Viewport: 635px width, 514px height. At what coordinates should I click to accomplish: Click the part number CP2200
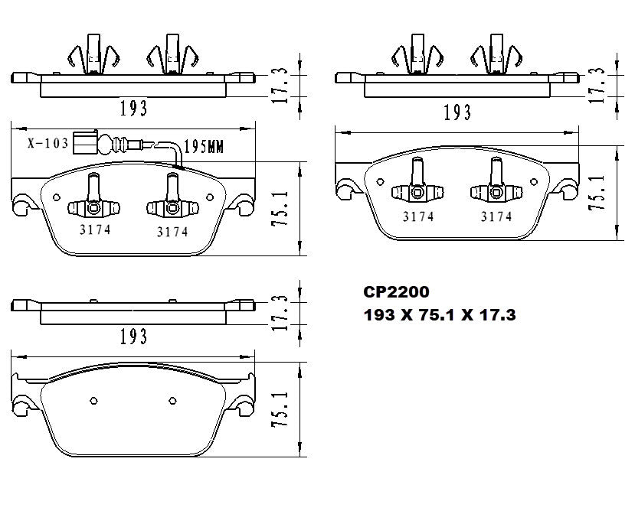(x=396, y=292)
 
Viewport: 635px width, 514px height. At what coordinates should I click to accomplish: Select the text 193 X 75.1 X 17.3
(x=439, y=314)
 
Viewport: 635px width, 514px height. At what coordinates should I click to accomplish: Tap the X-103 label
(x=47, y=143)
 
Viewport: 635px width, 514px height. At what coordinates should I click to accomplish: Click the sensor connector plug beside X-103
(x=85, y=142)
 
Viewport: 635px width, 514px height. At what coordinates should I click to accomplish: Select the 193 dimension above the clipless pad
(x=133, y=336)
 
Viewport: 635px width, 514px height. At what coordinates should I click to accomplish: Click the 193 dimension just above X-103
(x=133, y=108)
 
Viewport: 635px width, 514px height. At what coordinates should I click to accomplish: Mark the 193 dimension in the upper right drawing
(x=457, y=112)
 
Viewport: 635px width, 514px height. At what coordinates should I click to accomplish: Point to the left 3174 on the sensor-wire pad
(x=95, y=229)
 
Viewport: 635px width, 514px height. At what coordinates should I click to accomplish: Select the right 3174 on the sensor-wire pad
(x=172, y=231)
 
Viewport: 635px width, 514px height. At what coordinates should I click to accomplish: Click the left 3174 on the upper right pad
(x=418, y=216)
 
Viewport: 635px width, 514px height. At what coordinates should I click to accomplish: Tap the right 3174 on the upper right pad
(x=496, y=216)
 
